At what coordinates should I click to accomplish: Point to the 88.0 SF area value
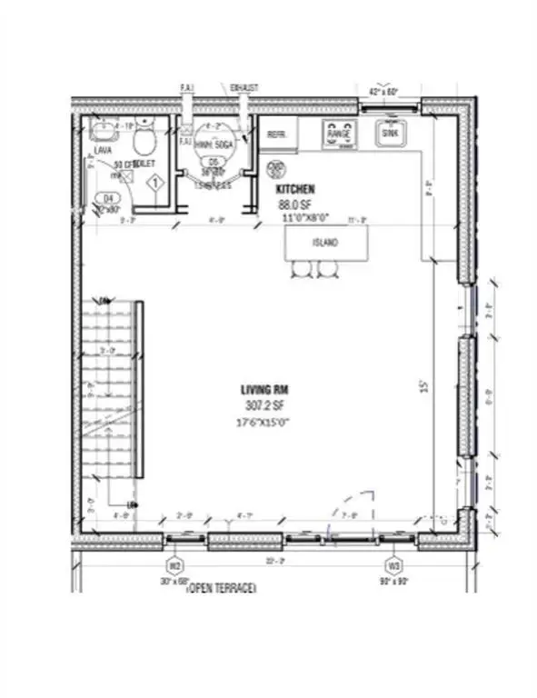[x=294, y=205]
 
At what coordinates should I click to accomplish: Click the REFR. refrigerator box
[x=277, y=134]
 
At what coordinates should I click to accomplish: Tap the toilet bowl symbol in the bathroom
[x=143, y=141]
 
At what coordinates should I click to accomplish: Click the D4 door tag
[x=110, y=196]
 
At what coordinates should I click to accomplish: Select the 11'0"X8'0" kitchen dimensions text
[x=300, y=219]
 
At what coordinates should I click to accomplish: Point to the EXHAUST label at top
[x=245, y=87]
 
